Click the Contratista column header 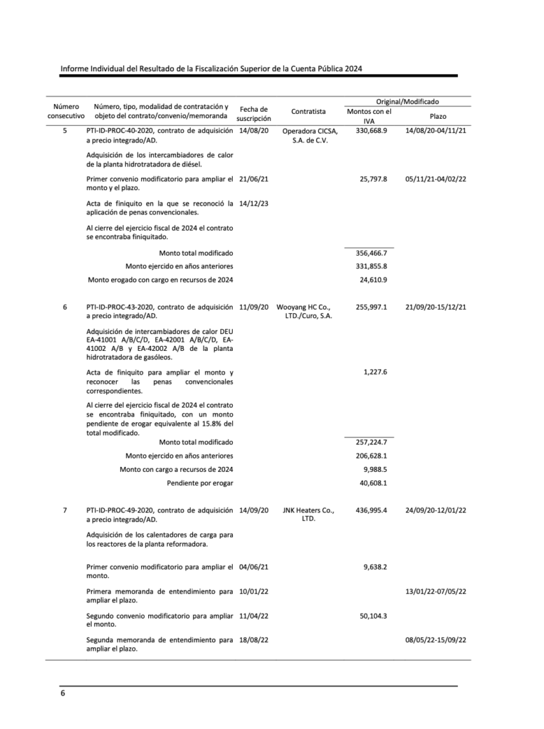(308, 111)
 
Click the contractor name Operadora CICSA (309, 131)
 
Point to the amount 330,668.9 (371, 131)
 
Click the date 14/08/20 (254, 131)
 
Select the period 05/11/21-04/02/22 (435, 179)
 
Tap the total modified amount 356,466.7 (371, 253)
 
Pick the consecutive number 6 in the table (65, 307)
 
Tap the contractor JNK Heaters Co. (308, 510)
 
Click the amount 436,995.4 (371, 510)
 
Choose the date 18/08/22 (254, 640)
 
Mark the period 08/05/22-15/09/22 (435, 640)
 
